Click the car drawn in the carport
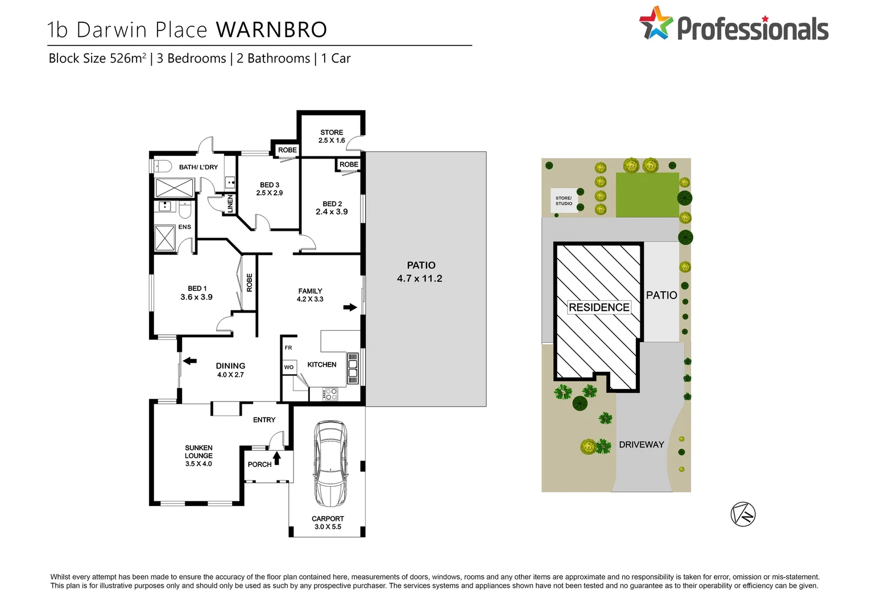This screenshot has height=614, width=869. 330,463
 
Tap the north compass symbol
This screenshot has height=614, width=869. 743,514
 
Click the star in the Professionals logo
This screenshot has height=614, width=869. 656,23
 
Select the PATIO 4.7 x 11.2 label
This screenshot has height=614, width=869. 420,272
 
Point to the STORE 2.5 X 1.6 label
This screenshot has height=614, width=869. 332,136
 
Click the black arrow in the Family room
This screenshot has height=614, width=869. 350,308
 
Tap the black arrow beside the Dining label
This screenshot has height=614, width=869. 189,360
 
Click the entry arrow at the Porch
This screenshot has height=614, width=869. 277,458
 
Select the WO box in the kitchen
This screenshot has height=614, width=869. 289,367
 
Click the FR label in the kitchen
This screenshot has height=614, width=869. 288,347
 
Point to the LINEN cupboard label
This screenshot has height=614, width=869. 230,204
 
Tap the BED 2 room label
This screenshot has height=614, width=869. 332,208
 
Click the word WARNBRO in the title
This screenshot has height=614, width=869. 272,30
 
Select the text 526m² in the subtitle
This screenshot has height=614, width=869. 128,58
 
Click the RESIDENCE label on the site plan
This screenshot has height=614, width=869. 599,307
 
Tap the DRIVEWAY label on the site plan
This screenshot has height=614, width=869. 641,445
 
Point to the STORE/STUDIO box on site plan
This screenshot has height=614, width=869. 564,201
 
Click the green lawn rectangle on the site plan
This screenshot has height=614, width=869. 647,195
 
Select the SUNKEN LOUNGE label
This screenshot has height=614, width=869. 198,455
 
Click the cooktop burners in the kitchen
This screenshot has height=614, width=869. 330,393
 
